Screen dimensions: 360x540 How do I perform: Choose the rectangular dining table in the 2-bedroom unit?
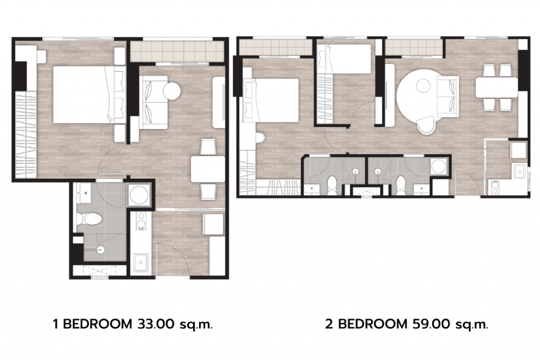tap(497, 87)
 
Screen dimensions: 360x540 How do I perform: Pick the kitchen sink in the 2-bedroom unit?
tap(519, 171)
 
